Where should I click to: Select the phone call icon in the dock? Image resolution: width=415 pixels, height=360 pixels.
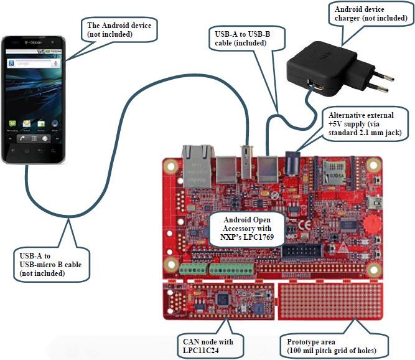click(x=22, y=138)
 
